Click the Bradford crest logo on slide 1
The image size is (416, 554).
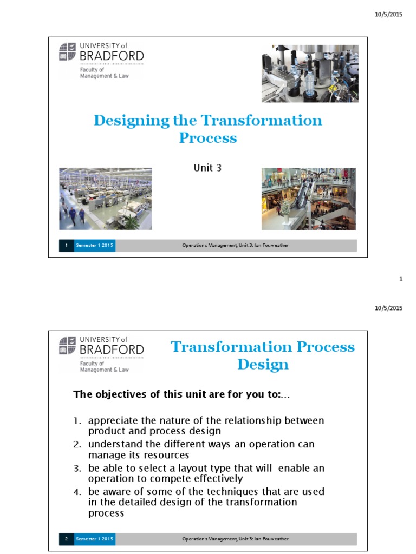pos(68,50)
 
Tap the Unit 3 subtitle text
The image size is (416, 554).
pos(207,168)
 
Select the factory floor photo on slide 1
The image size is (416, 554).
pos(105,199)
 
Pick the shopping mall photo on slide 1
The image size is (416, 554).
pos(308,199)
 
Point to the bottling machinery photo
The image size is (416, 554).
pos(309,74)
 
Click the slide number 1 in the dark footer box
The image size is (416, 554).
pos(66,246)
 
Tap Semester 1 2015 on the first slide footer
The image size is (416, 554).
pos(95,246)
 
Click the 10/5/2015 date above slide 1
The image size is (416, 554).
pos(388,15)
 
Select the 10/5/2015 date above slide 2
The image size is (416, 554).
pos(388,308)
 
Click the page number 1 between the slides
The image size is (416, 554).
pos(401,279)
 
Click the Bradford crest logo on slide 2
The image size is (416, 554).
pos(68,344)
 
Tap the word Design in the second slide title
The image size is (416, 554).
pos(263,364)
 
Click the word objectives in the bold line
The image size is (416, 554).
pos(118,394)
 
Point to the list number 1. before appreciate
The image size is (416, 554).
pos(77,421)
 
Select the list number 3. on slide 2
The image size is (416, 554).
pos(77,469)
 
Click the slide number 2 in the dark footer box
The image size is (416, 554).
pos(66,539)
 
